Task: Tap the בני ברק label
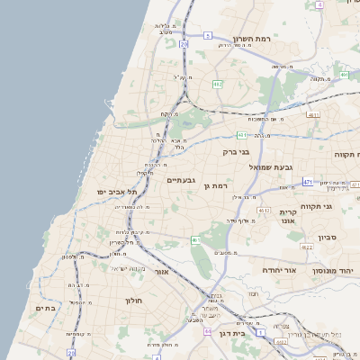click(x=236, y=152)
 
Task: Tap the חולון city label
click(x=135, y=300)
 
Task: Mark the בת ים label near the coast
click(x=45, y=308)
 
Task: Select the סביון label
click(x=327, y=238)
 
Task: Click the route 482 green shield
click(x=217, y=84)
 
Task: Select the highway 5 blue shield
click(x=207, y=36)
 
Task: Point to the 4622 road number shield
click(x=306, y=246)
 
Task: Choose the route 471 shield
click(x=307, y=182)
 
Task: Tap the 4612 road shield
click(x=263, y=210)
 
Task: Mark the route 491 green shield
click(x=345, y=75)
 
